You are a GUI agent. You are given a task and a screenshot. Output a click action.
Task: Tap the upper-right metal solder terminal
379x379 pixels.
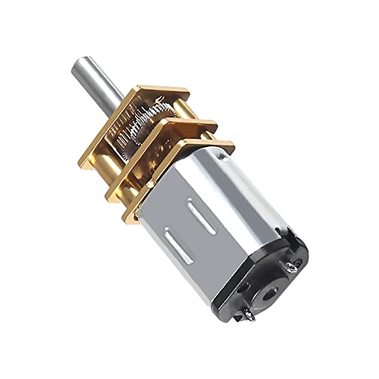click(296, 262)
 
